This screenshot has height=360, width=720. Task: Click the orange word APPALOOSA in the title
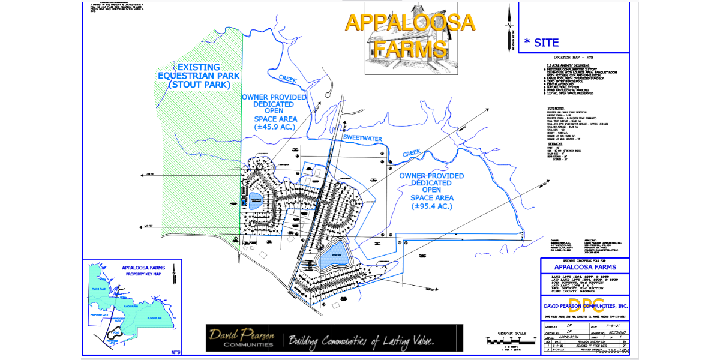point(410,23)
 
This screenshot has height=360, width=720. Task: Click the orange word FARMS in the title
point(410,47)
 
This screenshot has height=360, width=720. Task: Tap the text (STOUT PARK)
point(199,85)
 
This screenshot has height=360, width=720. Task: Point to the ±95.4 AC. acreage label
point(432,206)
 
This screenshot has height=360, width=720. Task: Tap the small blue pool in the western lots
point(254,200)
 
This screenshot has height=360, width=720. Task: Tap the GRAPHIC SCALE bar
point(512,342)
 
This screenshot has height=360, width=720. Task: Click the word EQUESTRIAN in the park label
point(199,76)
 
